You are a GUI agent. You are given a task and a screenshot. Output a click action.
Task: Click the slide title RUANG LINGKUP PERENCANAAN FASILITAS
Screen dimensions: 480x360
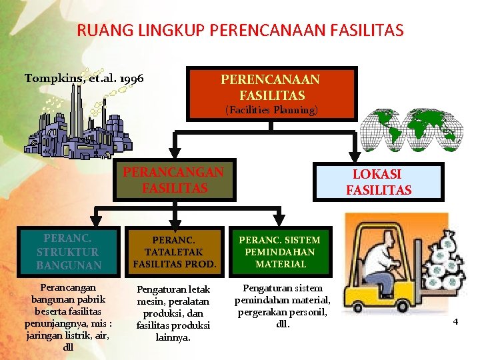240,30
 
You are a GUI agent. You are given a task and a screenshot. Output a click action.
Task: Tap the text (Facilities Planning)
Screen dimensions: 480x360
271,110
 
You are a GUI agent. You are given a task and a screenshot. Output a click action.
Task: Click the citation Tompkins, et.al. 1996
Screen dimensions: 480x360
84,78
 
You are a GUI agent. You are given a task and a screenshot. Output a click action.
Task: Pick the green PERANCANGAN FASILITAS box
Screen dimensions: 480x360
173,180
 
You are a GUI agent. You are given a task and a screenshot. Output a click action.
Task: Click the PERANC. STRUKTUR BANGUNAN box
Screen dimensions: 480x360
68,252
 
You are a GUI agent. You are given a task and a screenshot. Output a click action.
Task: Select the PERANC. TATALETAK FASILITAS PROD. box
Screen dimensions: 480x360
175,252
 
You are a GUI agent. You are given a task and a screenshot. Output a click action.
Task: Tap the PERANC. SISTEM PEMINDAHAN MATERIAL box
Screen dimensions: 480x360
279,252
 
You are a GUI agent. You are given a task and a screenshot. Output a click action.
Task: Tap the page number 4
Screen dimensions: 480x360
455,322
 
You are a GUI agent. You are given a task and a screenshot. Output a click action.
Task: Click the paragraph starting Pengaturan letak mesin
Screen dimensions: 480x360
173,313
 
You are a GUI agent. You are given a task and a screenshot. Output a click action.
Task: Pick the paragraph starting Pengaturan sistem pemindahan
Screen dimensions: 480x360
282,306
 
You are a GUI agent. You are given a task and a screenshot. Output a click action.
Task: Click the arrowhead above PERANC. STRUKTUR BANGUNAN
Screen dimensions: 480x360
95,223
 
